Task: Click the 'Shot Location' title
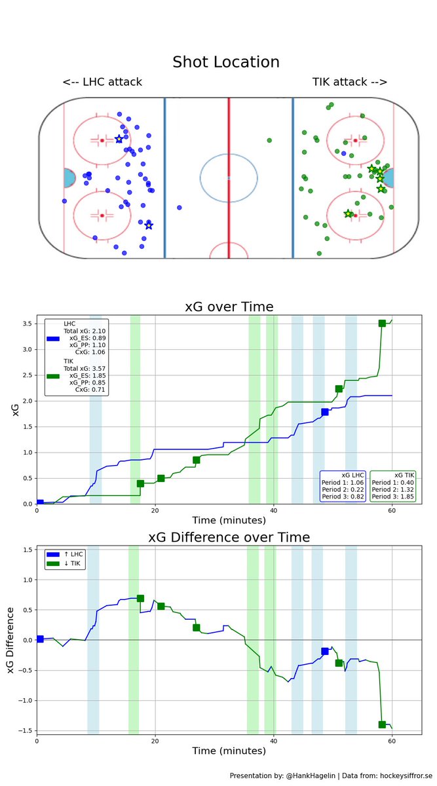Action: [226, 62]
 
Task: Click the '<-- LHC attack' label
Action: [102, 83]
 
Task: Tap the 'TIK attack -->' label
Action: [350, 83]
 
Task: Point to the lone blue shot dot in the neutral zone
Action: [180, 208]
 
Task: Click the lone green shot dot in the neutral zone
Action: [269, 140]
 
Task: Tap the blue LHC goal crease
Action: [69, 178]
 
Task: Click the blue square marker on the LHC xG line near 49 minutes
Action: [325, 412]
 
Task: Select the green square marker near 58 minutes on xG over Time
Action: [382, 324]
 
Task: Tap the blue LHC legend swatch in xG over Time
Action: [54, 339]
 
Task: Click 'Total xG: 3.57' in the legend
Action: [85, 369]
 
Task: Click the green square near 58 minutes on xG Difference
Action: [382, 724]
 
